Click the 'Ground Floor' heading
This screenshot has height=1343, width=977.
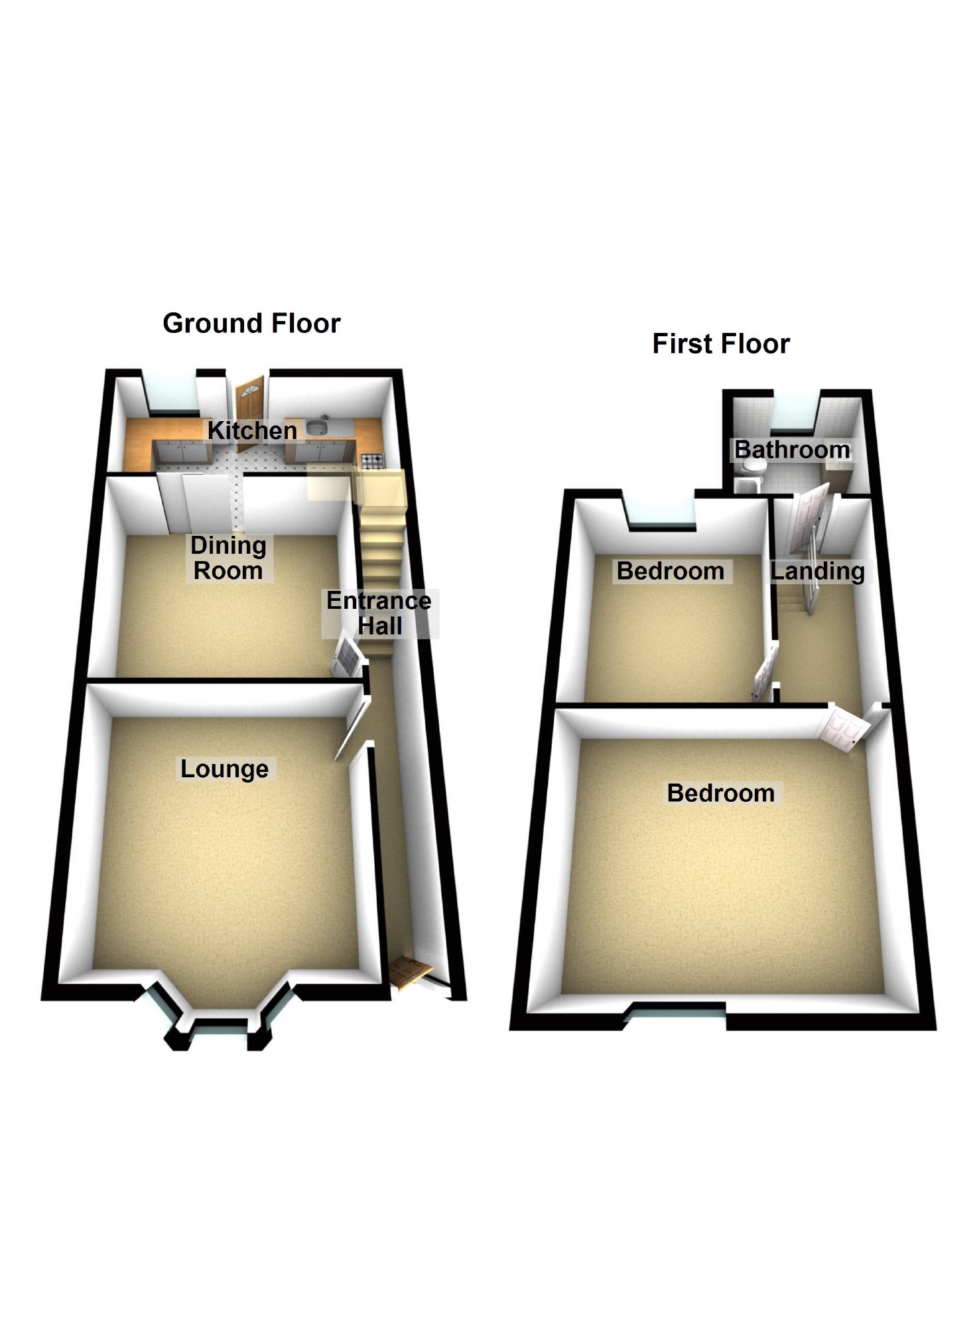tap(251, 323)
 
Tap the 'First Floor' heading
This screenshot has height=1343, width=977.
tap(721, 344)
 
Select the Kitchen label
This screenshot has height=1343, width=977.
tap(252, 430)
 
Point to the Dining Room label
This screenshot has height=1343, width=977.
tap(228, 558)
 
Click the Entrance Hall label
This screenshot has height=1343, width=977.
tap(379, 613)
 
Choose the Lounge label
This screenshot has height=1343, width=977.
tap(225, 769)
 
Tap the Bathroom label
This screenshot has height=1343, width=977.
tap(792, 450)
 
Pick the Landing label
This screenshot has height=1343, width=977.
tap(818, 571)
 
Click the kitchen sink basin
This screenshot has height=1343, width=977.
tap(317, 425)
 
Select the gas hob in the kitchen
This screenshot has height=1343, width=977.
tap(371, 460)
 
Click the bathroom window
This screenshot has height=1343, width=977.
tap(796, 408)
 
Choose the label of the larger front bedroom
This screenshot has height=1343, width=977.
tap(721, 793)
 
